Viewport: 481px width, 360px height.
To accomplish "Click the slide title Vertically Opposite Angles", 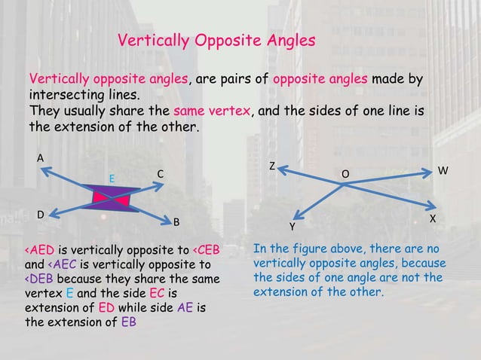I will [x=216, y=41].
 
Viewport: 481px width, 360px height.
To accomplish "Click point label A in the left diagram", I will [x=41, y=157].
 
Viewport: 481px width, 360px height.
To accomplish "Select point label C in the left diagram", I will [x=160, y=175].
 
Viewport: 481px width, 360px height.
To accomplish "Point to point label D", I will [x=41, y=215].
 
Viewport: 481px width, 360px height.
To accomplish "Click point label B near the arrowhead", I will [x=176, y=222].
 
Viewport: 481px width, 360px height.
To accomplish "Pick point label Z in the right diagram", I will [x=272, y=165].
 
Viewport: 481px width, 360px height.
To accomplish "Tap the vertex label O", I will [x=345, y=175].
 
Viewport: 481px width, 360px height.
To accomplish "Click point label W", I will [x=443, y=171].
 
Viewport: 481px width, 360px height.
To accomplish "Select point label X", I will [x=433, y=218].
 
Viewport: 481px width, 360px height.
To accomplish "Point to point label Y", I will [x=293, y=226].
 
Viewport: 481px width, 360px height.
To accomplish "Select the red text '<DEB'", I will [x=37, y=279].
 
